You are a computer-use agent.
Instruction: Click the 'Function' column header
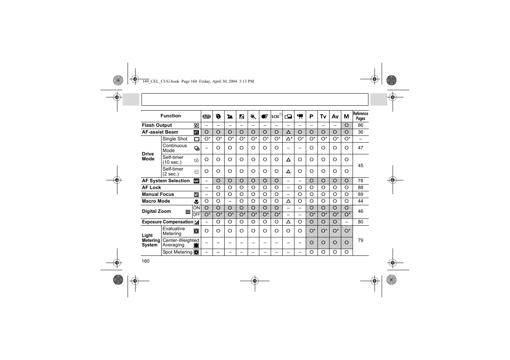point(171,116)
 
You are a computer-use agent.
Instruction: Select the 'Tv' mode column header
point(323,117)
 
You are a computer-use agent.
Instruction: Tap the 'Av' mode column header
point(335,117)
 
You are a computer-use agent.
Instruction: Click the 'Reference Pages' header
point(361,116)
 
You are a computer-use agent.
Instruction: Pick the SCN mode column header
point(277,116)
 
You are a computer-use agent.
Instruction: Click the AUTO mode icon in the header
point(207,117)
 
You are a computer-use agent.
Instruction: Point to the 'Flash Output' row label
point(157,125)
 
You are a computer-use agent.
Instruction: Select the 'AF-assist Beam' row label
point(160,132)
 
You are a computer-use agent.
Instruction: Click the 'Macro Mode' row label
point(156,201)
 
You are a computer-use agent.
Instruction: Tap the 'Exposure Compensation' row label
point(167,222)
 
